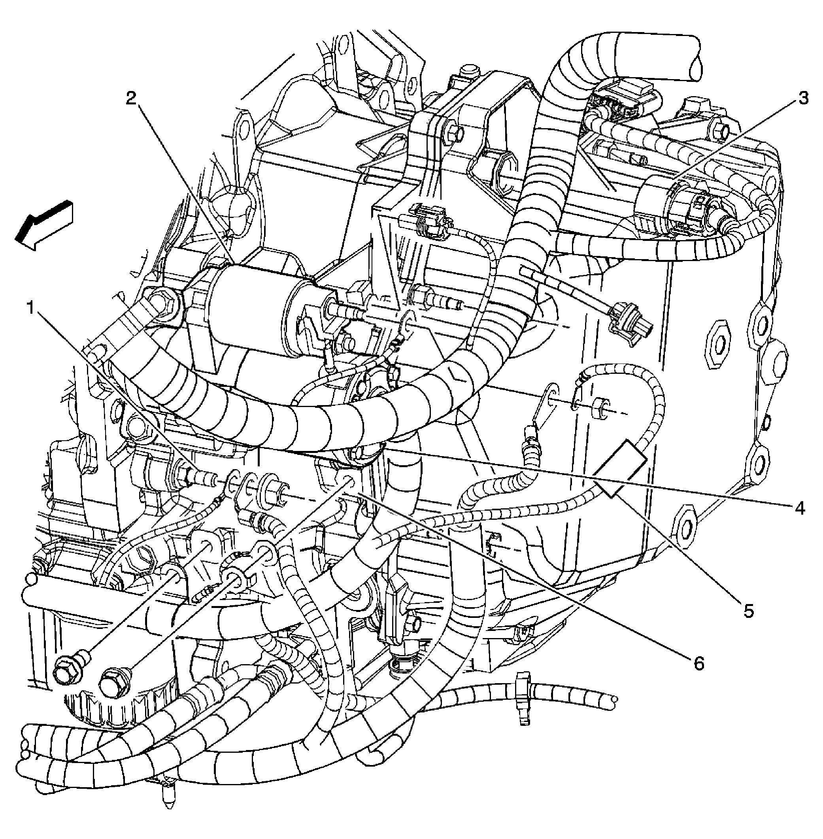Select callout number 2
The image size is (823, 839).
[131, 99]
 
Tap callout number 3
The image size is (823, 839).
[803, 99]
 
